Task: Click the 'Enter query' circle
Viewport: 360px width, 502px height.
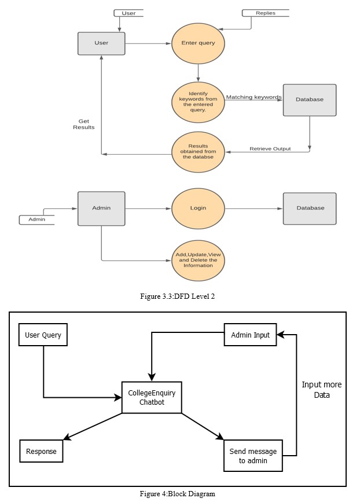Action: pos(198,43)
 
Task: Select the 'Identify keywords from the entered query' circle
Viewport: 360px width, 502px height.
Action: pos(198,102)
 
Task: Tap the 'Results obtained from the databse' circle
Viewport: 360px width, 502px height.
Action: pos(198,152)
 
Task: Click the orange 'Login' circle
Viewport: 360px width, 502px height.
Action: pos(198,208)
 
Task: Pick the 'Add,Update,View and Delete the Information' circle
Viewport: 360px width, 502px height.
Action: pos(198,261)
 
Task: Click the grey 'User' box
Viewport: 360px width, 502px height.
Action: pos(101,43)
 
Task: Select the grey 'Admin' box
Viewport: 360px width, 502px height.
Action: pos(101,209)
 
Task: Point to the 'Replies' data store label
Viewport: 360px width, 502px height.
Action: pos(266,13)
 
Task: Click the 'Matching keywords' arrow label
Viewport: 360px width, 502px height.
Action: pos(254,97)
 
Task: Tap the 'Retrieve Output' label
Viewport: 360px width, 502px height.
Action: pos(270,149)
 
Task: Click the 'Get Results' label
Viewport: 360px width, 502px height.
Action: pos(84,124)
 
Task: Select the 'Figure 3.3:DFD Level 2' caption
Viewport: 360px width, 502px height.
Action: pos(177,296)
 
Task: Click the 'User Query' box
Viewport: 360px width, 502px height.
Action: pos(43,335)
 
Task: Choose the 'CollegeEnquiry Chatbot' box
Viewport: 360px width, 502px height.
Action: pos(152,397)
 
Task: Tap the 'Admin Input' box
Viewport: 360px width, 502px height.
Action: pos(250,335)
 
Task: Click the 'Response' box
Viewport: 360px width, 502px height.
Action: pos(41,451)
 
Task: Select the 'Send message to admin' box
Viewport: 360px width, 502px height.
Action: pos(253,456)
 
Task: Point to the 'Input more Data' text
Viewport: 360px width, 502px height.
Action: pos(322,390)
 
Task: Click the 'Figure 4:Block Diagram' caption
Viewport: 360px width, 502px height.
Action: pos(177,494)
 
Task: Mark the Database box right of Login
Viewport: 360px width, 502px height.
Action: pos(310,208)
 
